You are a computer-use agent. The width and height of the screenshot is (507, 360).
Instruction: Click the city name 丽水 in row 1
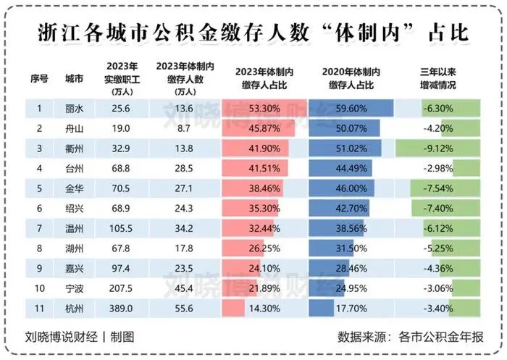[x=73, y=108]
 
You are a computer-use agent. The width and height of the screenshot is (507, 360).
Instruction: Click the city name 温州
[x=73, y=227]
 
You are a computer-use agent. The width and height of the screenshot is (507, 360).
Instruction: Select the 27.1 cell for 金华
[x=184, y=188]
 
